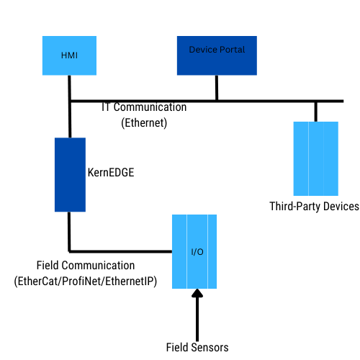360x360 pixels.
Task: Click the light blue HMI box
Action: click(69, 55)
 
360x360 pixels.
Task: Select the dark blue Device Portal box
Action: click(217, 55)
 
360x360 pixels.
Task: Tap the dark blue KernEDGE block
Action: click(70, 175)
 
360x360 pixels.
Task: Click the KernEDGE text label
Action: click(111, 173)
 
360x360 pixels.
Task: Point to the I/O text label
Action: click(197, 252)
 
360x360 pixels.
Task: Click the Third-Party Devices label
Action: click(314, 207)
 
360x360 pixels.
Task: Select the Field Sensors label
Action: click(197, 347)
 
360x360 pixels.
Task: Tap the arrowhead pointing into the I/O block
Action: click(197, 293)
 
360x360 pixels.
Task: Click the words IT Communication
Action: click(144, 107)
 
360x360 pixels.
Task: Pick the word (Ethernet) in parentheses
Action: click(144, 123)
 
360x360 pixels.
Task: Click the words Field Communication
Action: click(86, 266)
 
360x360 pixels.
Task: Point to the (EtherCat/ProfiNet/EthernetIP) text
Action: click(86, 282)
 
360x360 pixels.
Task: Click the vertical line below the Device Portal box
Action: click(217, 88)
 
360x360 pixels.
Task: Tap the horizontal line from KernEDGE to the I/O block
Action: click(120, 251)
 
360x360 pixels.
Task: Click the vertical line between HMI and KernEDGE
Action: click(70, 107)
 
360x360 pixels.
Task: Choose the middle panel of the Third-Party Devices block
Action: click(316, 158)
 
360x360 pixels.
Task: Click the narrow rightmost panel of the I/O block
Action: click(212, 251)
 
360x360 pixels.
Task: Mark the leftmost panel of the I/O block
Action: click(179, 251)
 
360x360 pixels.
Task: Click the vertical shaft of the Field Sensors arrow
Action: click(197, 319)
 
